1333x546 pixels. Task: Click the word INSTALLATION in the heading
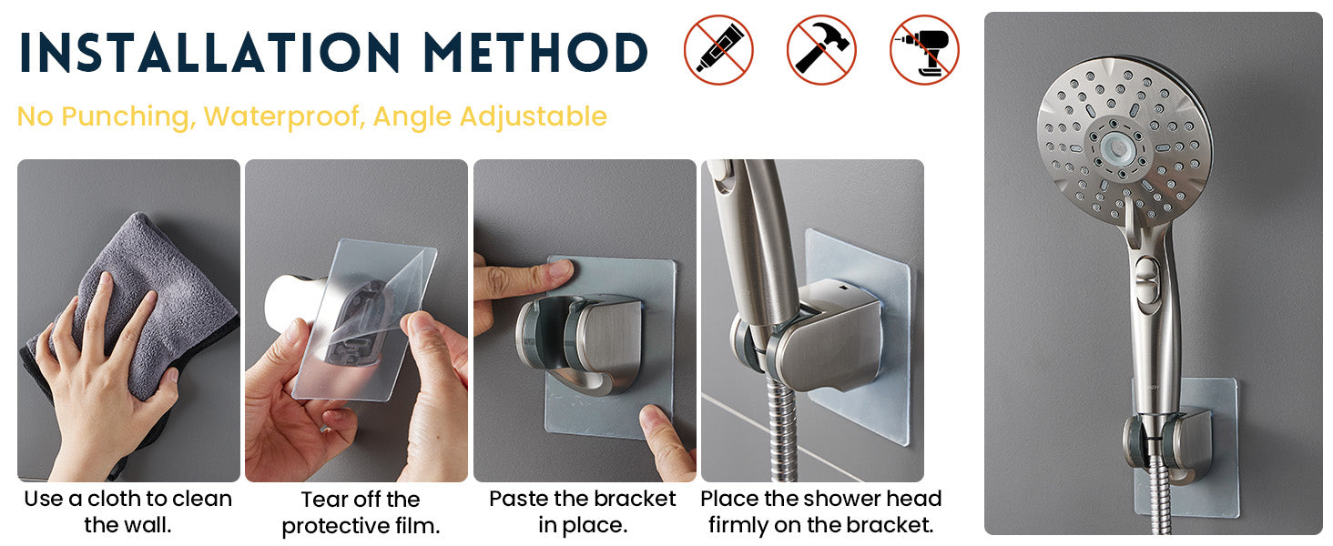[209, 52]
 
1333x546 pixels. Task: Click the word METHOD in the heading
[535, 52]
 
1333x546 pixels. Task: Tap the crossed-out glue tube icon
[718, 50]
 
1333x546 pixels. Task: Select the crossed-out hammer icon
[821, 50]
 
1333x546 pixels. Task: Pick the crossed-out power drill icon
[924, 50]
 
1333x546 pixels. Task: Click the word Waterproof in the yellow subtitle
[284, 116]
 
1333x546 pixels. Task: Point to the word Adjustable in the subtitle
[534, 116]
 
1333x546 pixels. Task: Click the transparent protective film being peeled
[364, 321]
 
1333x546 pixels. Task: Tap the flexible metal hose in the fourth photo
[780, 429]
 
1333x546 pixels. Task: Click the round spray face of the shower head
[1124, 142]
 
